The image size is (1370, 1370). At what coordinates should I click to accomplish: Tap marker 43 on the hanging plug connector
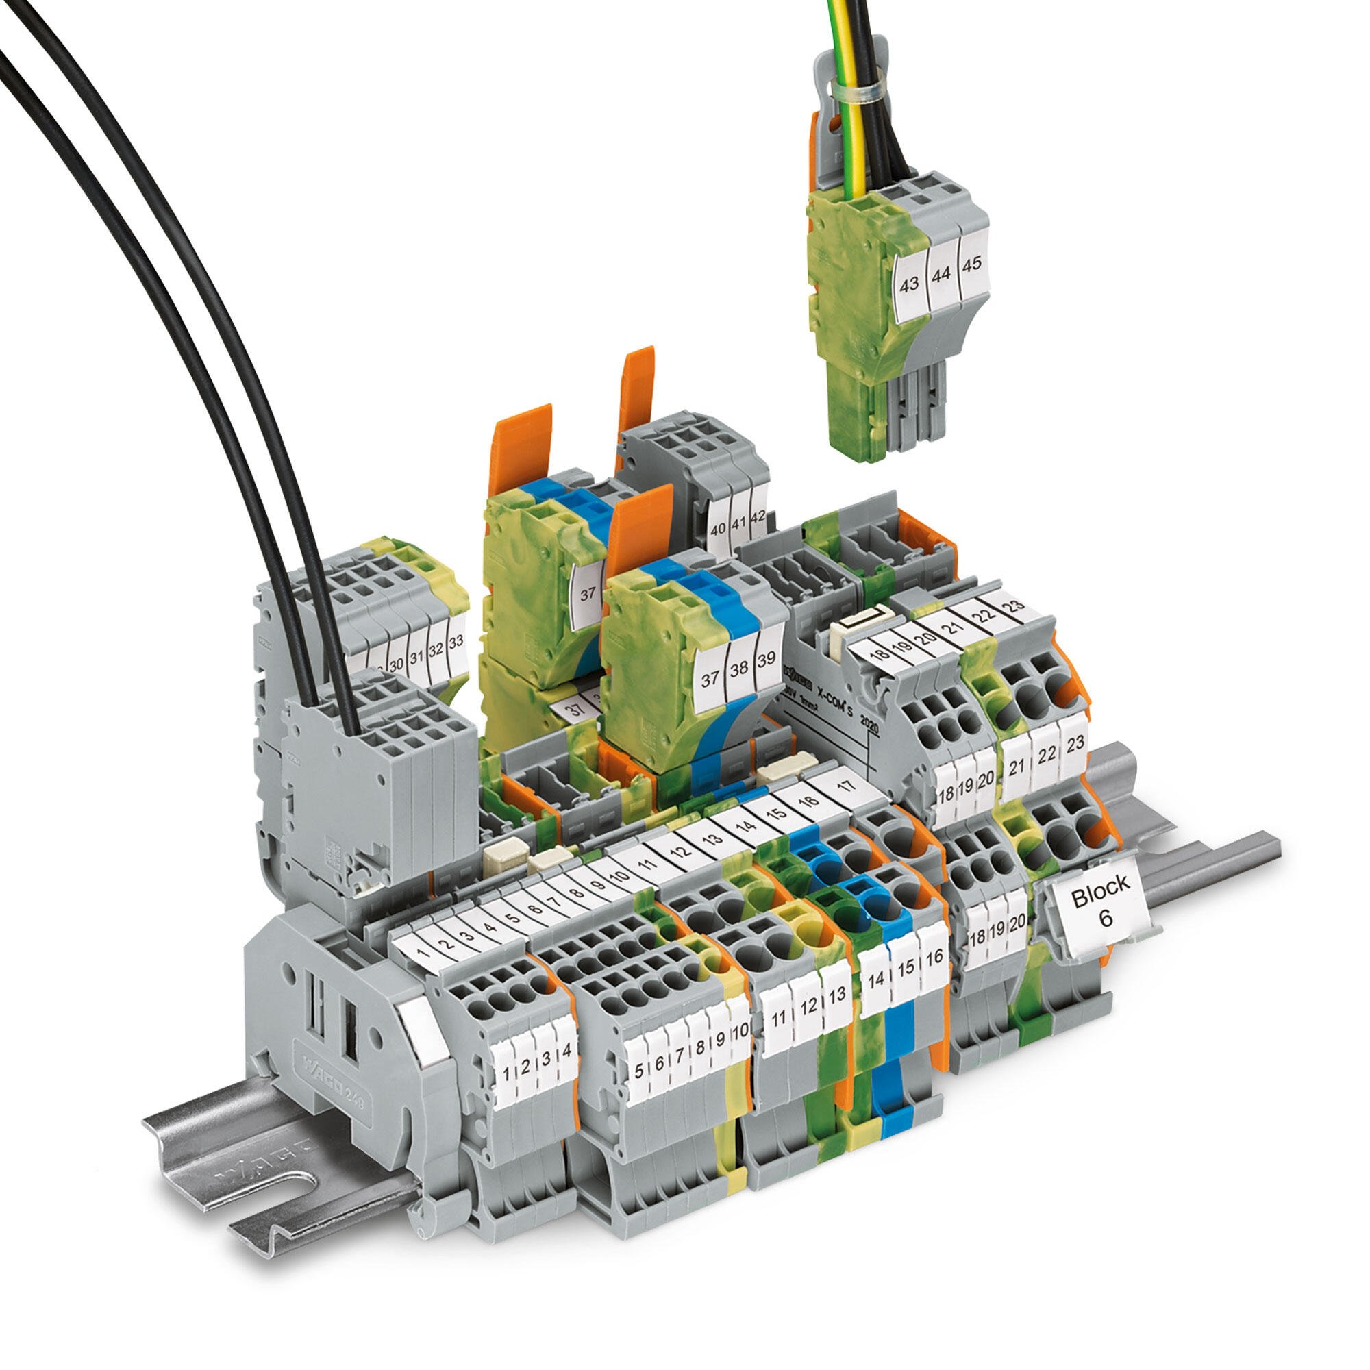pyautogui.click(x=909, y=284)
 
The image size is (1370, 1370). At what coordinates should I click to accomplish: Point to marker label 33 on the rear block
pyautogui.click(x=457, y=641)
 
